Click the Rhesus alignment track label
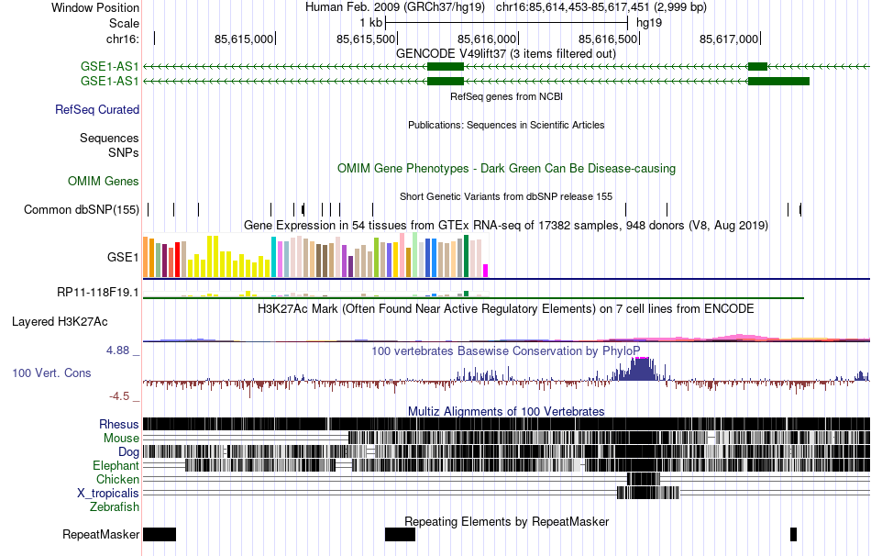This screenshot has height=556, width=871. pyautogui.click(x=119, y=424)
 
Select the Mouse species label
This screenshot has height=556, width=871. pyautogui.click(x=121, y=439)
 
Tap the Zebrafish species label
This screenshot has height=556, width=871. pyautogui.click(x=115, y=506)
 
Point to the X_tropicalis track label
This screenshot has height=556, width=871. pyautogui.click(x=108, y=493)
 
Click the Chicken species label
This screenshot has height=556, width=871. pyautogui.click(x=118, y=479)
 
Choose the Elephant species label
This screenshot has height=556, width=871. pyautogui.click(x=116, y=466)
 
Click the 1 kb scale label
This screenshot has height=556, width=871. pyautogui.click(x=371, y=21)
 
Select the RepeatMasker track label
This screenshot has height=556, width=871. pyautogui.click(x=101, y=534)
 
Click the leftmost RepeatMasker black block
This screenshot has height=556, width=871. pyautogui.click(x=159, y=534)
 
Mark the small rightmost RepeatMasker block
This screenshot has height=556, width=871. pyautogui.click(x=793, y=534)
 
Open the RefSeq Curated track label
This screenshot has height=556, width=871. pyautogui.click(x=97, y=109)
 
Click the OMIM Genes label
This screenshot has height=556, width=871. pyautogui.click(x=104, y=182)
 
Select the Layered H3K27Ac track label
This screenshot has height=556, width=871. pyautogui.click(x=60, y=322)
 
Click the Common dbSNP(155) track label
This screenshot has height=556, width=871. pyautogui.click(x=82, y=210)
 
